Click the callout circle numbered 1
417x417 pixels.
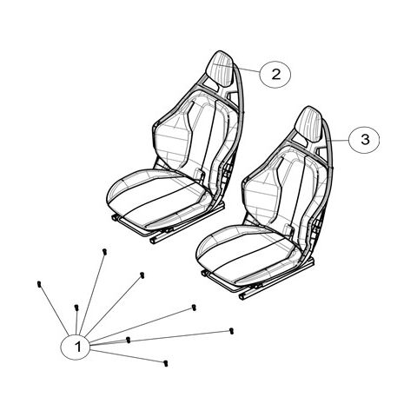tap(78, 347)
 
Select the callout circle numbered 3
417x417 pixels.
tap(365, 138)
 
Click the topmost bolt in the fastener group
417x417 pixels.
tap(104, 252)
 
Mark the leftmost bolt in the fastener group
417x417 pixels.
tap(41, 285)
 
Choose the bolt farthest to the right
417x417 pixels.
tap(232, 330)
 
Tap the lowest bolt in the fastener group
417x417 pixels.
tap(165, 361)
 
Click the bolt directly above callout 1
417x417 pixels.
tap(78, 308)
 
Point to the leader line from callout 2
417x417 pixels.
tap(248, 69)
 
